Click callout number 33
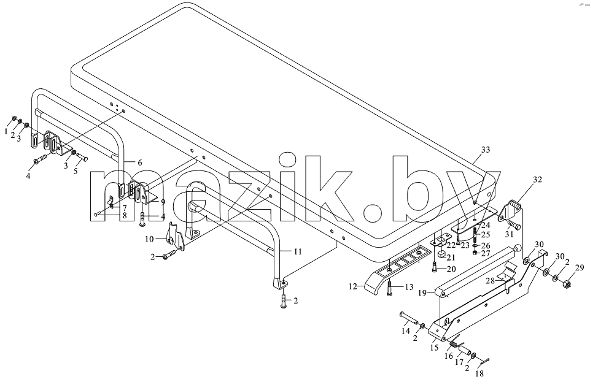[x=486, y=150]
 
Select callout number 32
[x=538, y=180]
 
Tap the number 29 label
[x=580, y=267]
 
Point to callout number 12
[x=353, y=286]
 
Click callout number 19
[x=422, y=292]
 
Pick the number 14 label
[x=405, y=331]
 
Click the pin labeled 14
[x=409, y=318]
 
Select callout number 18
[x=479, y=374]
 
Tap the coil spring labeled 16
[x=454, y=343]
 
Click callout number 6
[x=139, y=162]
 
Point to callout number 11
[x=298, y=251]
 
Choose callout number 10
[x=149, y=239]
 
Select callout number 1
[x=6, y=131]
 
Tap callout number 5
[x=76, y=171]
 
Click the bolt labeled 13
[x=389, y=288]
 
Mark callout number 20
[x=451, y=269]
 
